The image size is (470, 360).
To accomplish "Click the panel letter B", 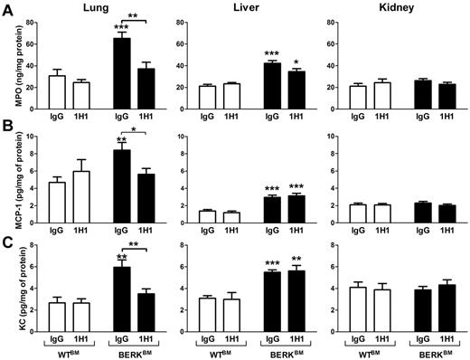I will [7, 128].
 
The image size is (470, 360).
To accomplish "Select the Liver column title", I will [240, 8].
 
